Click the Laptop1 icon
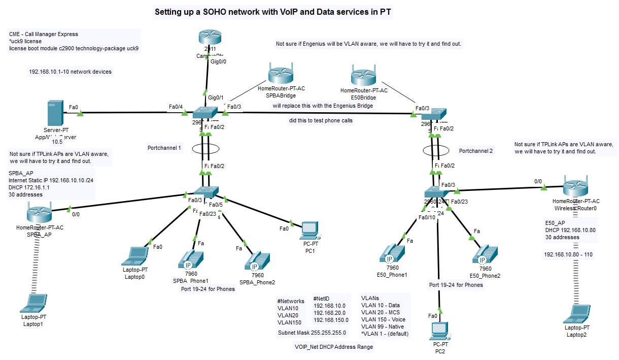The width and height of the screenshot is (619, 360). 33,304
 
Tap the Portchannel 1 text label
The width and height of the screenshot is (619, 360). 164,148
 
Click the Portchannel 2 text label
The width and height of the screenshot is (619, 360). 476,151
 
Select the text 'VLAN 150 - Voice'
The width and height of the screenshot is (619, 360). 383,319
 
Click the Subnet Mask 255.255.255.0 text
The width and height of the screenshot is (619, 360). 312,333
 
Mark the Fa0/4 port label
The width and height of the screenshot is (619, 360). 176,106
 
